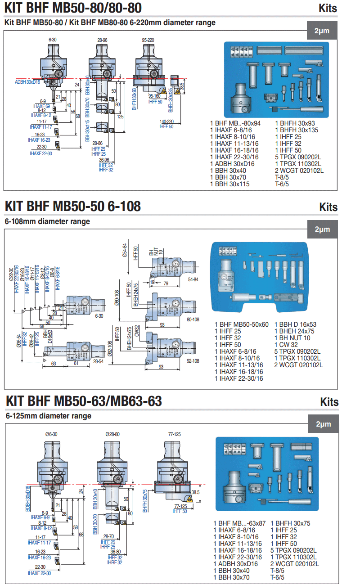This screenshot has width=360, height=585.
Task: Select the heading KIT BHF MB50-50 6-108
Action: tap(72, 206)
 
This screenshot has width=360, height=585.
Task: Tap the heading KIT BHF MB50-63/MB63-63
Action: tap(83, 400)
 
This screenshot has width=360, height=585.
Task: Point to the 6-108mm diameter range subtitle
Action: tap(47, 221)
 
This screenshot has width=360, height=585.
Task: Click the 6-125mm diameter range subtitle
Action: tap(49, 416)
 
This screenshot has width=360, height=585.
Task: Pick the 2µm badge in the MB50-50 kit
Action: tap(323, 229)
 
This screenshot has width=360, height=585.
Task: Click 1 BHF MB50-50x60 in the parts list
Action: tap(242, 324)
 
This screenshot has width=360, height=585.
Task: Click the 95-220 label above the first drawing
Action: tap(148, 40)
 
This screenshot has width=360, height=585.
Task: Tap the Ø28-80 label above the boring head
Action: tap(112, 434)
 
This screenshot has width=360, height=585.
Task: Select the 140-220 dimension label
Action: tap(166, 122)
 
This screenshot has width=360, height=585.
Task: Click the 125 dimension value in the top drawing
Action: tap(121, 117)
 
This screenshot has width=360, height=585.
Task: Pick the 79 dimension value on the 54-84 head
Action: tap(166, 283)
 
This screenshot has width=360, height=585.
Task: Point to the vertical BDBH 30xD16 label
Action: tap(28, 499)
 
